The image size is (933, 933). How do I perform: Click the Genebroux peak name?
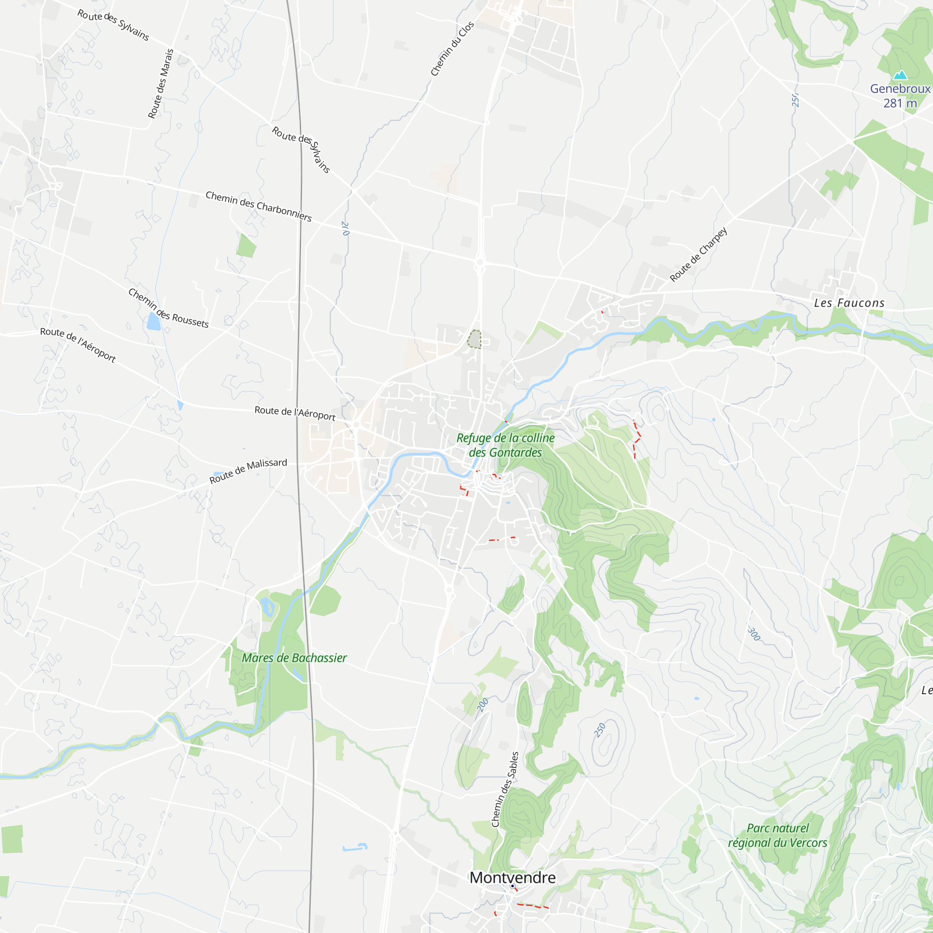coord(900,89)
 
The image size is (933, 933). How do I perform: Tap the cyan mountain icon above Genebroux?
coord(900,75)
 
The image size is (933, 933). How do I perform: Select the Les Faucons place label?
coord(849,303)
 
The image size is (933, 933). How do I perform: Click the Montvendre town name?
coord(512,877)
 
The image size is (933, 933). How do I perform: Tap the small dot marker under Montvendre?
coord(512,886)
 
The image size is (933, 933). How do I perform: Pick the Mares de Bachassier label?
coord(294,658)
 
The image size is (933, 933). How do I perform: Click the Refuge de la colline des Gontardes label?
coord(505,445)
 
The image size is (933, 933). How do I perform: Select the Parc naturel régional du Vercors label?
coord(778,836)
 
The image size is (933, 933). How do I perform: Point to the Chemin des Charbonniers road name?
coord(258,206)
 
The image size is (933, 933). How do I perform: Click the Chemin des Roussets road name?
coord(168,308)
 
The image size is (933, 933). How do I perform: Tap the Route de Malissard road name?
coord(248,471)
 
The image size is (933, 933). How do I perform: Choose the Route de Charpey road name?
coord(698,255)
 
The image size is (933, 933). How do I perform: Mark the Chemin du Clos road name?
coord(452,49)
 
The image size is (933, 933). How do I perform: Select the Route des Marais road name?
coord(160,84)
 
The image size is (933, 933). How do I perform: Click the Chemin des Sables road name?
coord(505,789)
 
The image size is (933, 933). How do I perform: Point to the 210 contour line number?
coord(345,229)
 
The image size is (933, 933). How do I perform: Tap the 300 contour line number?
coord(753,634)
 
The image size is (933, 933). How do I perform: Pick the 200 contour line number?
coord(483,704)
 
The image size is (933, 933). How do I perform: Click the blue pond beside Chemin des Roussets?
coord(153,321)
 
